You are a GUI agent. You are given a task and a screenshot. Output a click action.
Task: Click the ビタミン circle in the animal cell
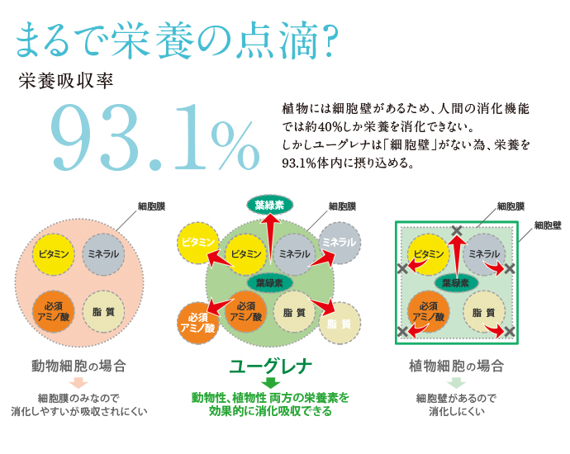(x=55, y=253)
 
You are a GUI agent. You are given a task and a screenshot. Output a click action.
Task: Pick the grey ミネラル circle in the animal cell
(x=105, y=253)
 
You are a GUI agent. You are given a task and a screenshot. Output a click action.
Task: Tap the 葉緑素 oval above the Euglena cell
(x=270, y=205)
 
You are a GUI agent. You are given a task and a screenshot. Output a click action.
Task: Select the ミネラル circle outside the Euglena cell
(x=340, y=241)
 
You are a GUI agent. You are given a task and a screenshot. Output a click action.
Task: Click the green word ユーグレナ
(x=270, y=365)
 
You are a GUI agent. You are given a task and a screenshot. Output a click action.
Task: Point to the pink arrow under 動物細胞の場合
(x=78, y=382)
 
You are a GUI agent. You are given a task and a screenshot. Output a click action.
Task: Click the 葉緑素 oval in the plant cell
(x=456, y=282)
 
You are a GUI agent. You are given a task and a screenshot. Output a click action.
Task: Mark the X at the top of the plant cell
(x=456, y=230)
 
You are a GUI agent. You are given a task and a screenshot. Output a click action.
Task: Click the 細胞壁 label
(x=546, y=225)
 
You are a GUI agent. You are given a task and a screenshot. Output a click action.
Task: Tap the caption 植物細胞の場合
(x=456, y=365)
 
